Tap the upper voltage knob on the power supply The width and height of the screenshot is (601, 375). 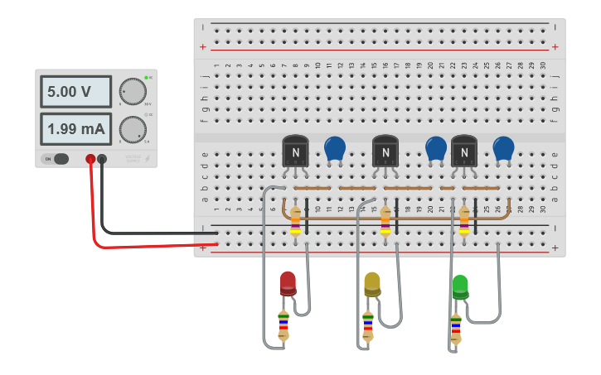pos(132,91)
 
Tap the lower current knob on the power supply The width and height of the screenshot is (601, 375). pos(132,129)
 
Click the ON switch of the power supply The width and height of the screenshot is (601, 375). pos(56,159)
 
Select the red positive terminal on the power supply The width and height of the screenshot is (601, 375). pos(90,159)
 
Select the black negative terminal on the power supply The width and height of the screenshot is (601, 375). pos(102,159)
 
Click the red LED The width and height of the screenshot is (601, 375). pos(288,283)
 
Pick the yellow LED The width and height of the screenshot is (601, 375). pos(372,284)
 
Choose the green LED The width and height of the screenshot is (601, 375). pos(460,286)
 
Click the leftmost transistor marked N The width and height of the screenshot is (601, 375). pos(295,151)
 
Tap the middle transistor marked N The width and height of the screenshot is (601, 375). pos(385,151)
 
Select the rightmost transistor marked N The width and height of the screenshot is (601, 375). pos(464,151)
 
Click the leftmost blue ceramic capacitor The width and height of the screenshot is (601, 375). pos(335,148)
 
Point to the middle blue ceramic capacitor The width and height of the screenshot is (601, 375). pos(436,148)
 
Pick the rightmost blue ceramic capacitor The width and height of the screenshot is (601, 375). pos(503,148)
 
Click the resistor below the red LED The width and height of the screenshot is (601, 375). pos(284,325)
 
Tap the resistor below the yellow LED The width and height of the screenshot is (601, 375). pos(368,326)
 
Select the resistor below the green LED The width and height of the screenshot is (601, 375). pos(455,328)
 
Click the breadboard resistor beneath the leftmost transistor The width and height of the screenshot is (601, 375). pos(296,220)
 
